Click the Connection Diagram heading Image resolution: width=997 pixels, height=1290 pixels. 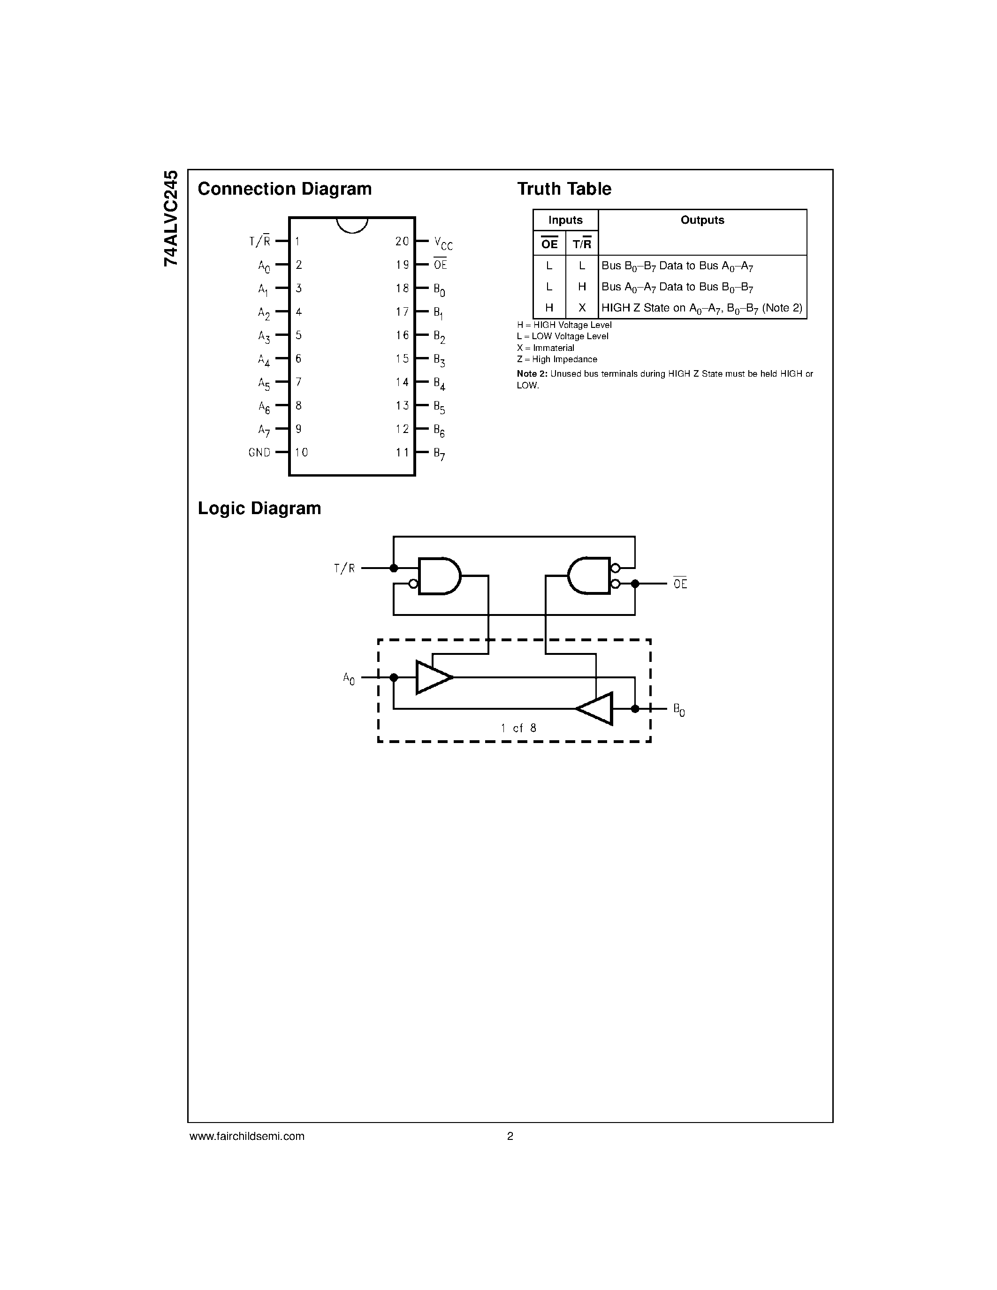coord(285,189)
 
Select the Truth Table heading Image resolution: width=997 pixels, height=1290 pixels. coord(564,189)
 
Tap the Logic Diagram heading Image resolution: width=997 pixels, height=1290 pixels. coord(259,508)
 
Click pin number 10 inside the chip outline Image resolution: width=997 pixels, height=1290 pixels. coord(301,453)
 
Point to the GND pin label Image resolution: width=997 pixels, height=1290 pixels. coord(259,453)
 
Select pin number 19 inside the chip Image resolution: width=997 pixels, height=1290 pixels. coord(402,265)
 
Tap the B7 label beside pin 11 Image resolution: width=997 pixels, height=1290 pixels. coord(439,454)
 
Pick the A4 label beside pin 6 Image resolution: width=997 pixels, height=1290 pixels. coord(263,360)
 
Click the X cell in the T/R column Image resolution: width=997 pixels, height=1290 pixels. coord(582,308)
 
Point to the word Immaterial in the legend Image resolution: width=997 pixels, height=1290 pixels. coord(554,348)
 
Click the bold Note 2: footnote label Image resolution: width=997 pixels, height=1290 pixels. coord(532,374)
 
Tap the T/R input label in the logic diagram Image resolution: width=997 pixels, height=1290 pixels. coord(344,568)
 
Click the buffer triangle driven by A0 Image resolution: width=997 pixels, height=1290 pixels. coord(433,677)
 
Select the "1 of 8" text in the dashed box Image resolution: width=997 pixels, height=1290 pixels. coord(518,728)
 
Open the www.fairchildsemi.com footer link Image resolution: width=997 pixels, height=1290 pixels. coord(247,1136)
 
